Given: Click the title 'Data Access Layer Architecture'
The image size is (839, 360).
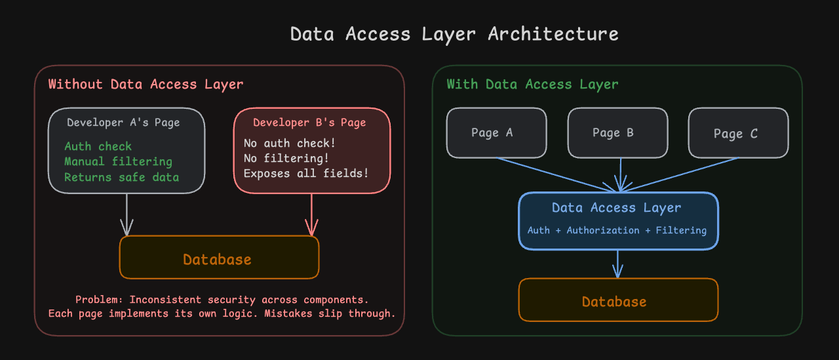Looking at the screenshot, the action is (454, 35).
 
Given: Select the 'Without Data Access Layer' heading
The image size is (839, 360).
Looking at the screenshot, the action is (146, 85).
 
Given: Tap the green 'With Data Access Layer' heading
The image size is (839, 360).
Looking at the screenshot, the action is (532, 85).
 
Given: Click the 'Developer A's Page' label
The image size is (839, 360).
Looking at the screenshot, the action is (123, 123).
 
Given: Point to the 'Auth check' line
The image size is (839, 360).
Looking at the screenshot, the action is (98, 146).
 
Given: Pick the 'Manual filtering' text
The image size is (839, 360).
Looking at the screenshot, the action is (119, 161).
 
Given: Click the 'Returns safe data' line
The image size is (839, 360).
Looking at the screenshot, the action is (122, 177).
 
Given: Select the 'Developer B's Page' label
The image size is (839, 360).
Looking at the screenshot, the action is (309, 123).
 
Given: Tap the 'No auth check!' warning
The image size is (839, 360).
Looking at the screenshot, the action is (290, 143).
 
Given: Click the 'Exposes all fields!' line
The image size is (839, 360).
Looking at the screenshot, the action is (306, 173).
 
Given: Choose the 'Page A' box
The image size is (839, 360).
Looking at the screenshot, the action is (496, 132).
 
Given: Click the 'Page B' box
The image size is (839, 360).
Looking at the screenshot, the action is (617, 132).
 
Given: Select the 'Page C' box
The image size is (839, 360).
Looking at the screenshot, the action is (738, 132).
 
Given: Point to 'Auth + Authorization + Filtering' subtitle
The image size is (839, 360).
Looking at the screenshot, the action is (617, 230).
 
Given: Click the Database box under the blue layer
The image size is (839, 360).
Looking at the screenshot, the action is (618, 300).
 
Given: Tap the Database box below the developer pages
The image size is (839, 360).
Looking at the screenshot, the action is (219, 257).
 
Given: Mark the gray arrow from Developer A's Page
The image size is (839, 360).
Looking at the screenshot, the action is (127, 214).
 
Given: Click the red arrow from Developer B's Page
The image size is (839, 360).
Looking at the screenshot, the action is (311, 214).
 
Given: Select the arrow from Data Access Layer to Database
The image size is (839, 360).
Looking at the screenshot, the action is (617, 264).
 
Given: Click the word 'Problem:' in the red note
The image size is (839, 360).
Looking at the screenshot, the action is (99, 300).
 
